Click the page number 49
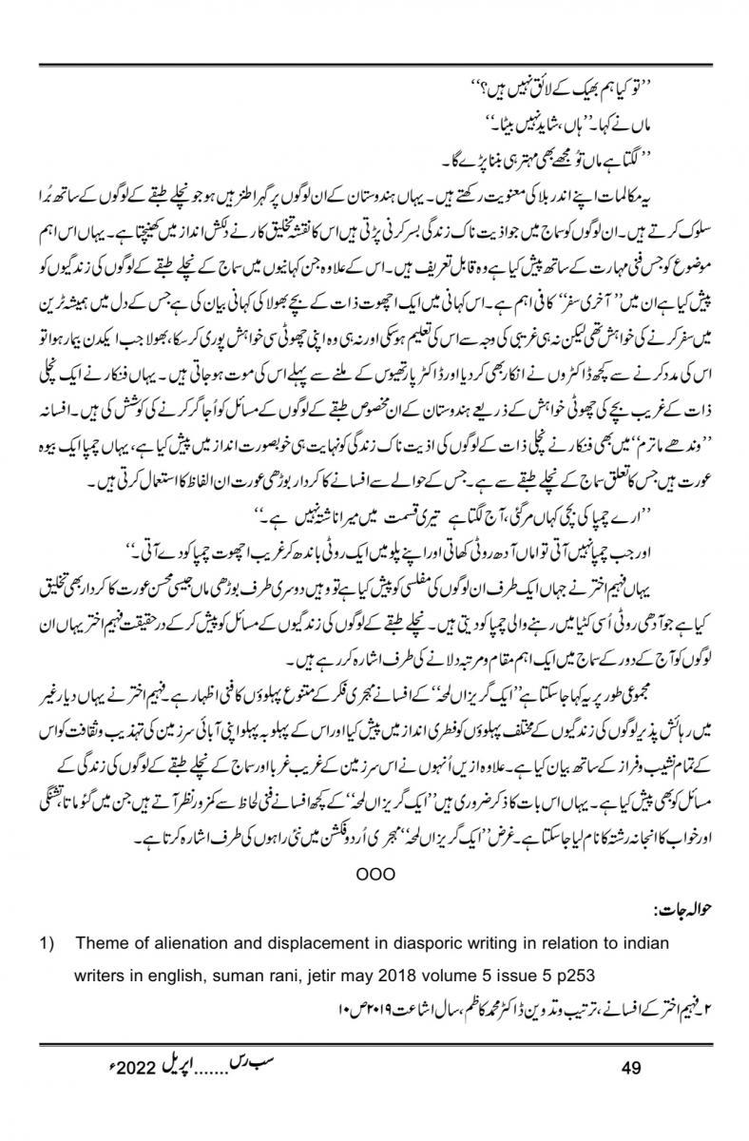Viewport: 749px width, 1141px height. tap(629, 1069)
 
